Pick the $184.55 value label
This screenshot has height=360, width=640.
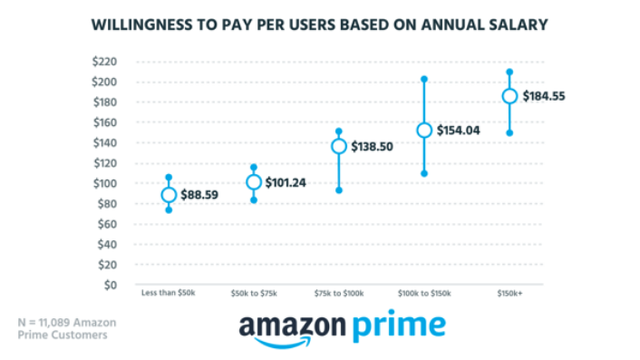tap(548, 96)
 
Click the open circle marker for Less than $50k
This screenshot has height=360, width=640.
tap(169, 195)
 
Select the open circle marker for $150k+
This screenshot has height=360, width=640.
tap(509, 96)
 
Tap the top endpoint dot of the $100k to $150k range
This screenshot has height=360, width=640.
tap(424, 80)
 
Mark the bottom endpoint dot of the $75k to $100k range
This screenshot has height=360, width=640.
tap(339, 190)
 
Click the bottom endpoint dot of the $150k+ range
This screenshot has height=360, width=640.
tap(509, 133)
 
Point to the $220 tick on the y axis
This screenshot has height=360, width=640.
tap(107, 62)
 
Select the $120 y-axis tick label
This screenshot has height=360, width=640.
tap(107, 163)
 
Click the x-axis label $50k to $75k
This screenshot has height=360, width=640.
tap(254, 293)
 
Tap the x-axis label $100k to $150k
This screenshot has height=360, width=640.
tap(424, 293)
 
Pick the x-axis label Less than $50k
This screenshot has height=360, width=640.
tap(168, 293)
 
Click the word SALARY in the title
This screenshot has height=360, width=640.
tap(515, 24)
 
